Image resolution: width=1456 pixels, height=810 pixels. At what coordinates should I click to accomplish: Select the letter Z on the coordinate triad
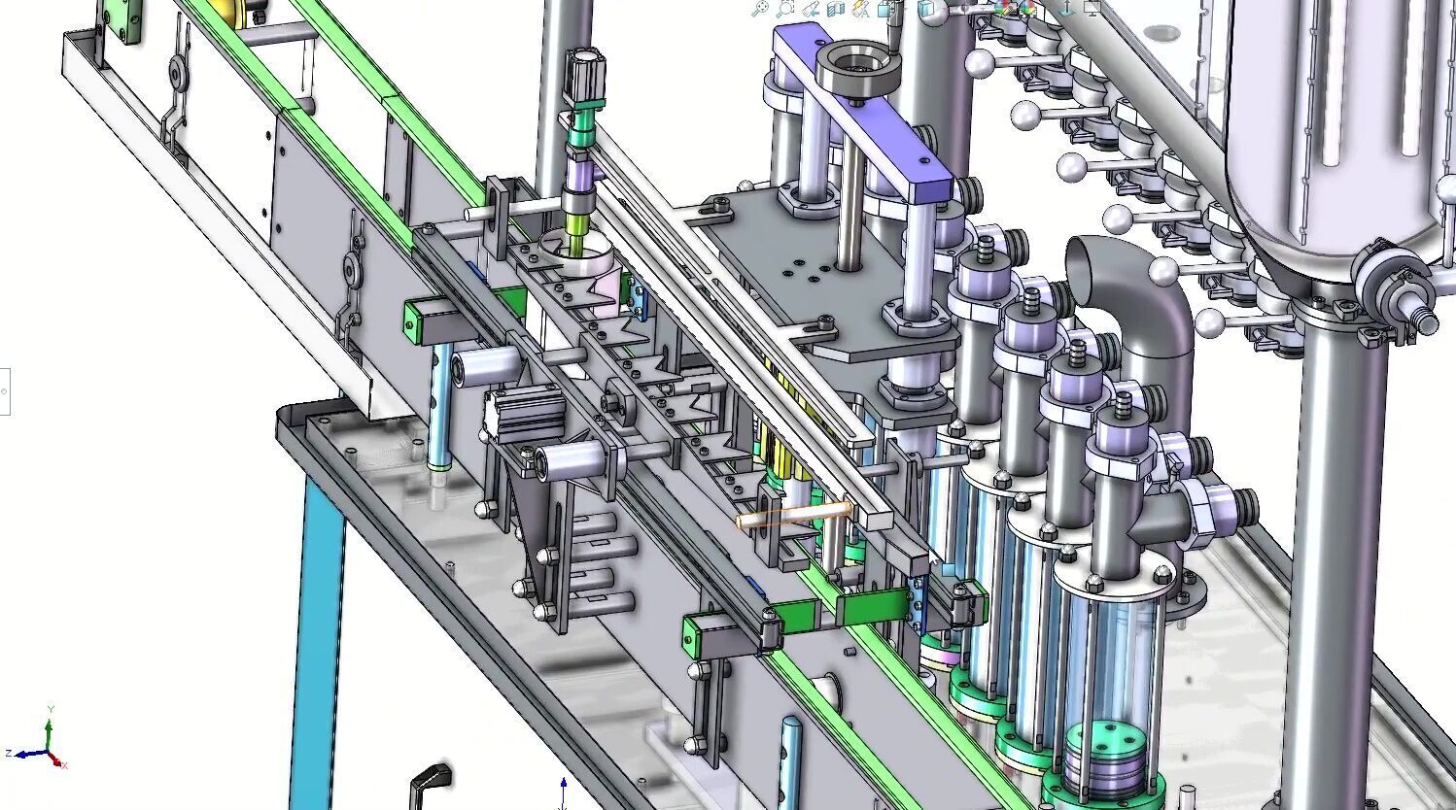8,754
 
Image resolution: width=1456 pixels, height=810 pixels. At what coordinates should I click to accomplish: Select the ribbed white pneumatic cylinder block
525,413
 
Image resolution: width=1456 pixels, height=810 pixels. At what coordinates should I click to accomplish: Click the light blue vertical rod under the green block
441,408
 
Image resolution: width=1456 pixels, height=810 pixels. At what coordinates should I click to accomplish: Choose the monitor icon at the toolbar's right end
1092,9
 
